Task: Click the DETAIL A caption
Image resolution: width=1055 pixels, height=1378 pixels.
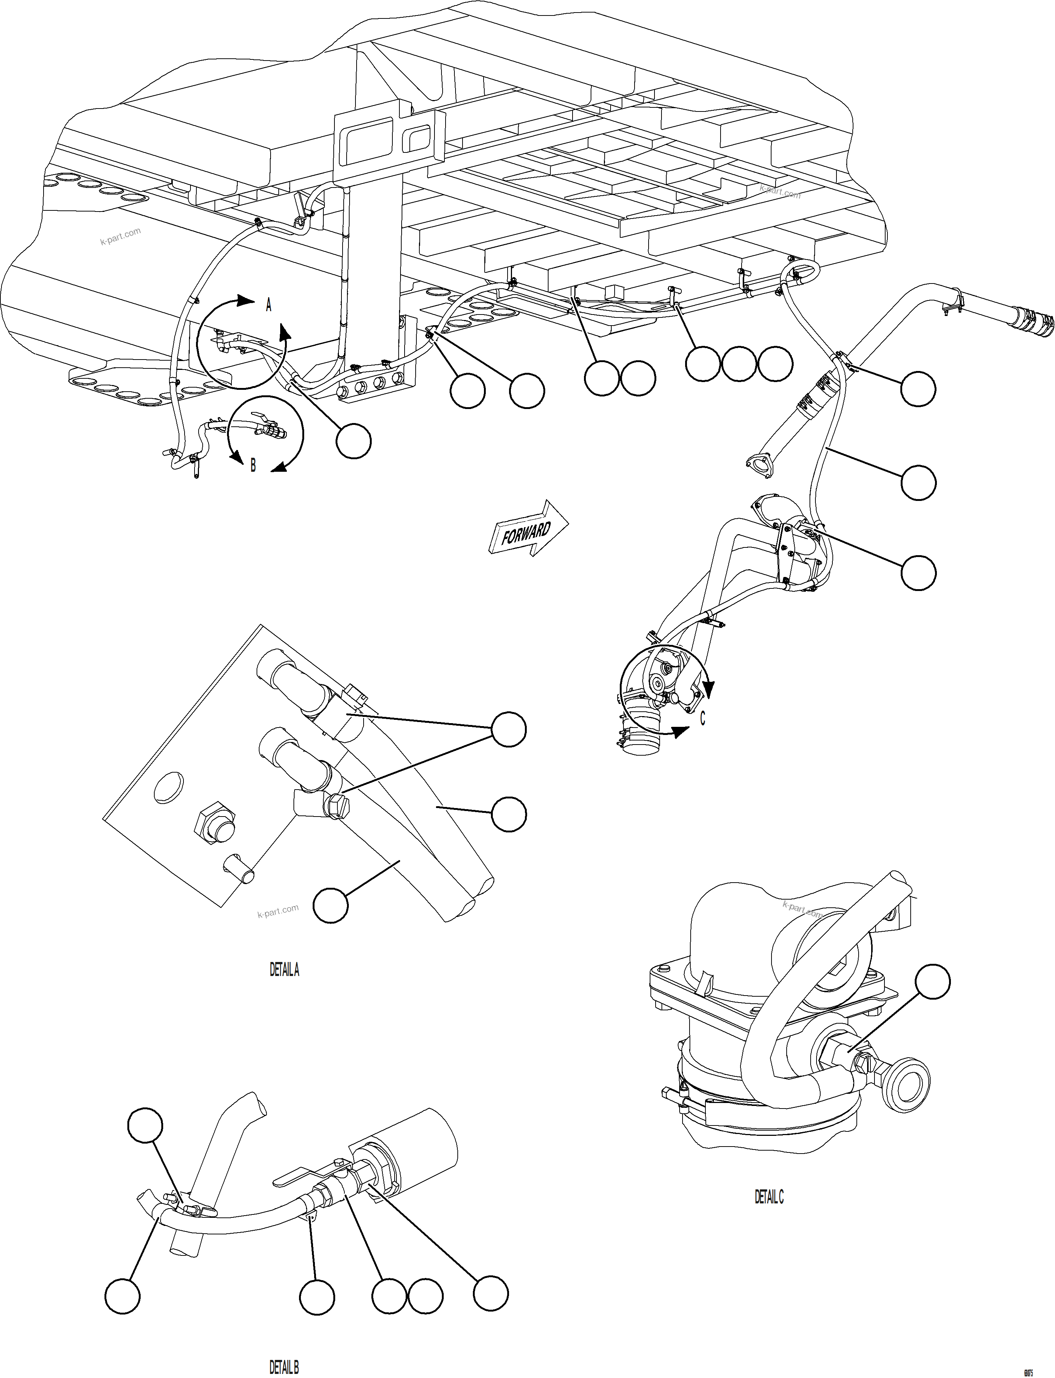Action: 285,970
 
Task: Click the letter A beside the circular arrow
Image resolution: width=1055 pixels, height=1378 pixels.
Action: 269,305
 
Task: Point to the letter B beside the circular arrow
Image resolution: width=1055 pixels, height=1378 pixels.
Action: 253,465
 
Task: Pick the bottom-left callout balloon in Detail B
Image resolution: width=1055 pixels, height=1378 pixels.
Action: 123,1296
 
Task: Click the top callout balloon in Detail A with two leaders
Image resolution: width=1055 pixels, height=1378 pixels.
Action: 508,729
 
